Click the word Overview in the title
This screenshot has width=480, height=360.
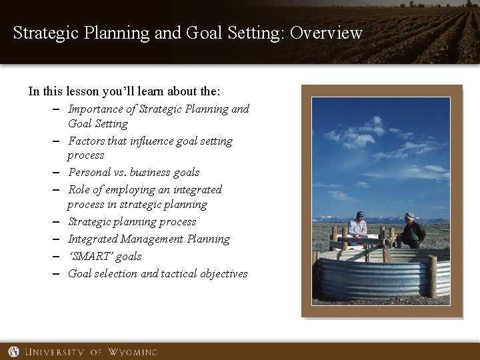[x=327, y=33]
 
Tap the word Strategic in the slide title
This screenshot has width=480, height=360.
[x=41, y=33]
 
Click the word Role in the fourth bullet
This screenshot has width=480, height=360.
[x=79, y=190]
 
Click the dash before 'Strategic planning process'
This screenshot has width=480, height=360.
[x=60, y=221]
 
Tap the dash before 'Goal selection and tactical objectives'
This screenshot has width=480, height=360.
[x=60, y=273]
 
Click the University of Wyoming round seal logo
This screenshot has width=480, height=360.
[x=14, y=351]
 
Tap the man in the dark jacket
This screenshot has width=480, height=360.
[x=411, y=233]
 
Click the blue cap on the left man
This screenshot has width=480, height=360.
[x=359, y=214]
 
